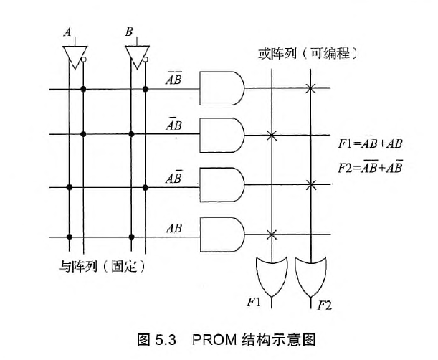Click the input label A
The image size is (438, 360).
pos(68,32)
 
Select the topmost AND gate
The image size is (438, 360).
pos(222,88)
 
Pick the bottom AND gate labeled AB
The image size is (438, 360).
pos(222,235)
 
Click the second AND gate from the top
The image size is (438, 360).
pos(222,134)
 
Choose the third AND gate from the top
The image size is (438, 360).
pos(222,184)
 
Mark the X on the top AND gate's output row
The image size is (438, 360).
pos(310,88)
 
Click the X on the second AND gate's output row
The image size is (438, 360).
pos(271,135)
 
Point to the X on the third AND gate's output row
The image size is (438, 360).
pos(310,185)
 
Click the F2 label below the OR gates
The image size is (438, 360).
pos(325,305)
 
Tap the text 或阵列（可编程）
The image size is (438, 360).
pos(308,54)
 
